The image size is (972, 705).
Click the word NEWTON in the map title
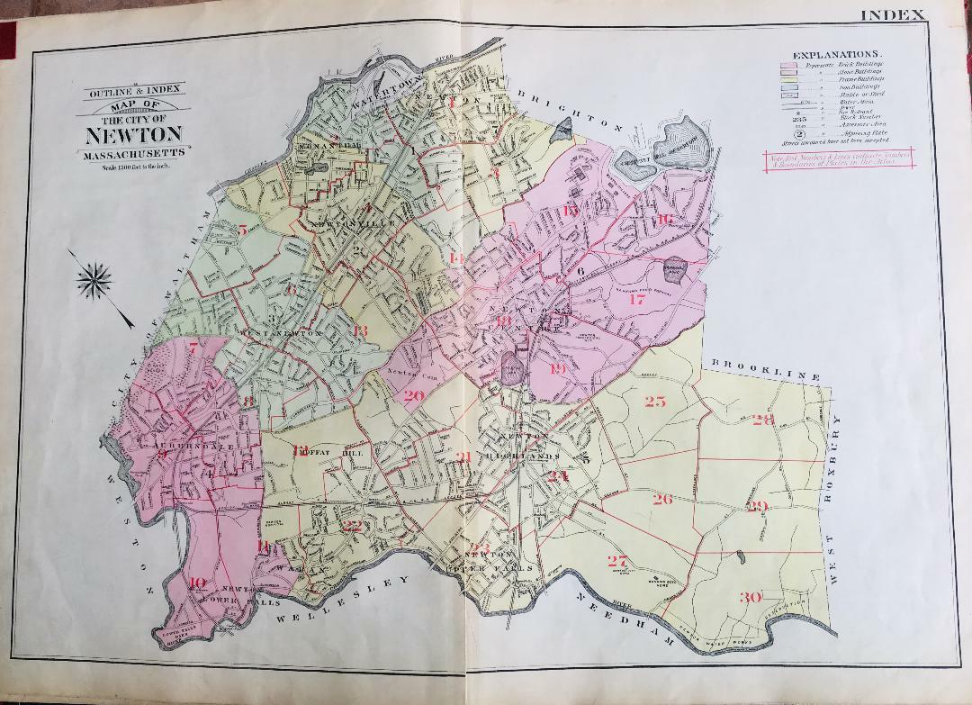point(134,136)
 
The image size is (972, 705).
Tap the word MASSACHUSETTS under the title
point(134,155)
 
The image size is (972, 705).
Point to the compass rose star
point(93,279)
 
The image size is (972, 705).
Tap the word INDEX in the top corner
point(893,14)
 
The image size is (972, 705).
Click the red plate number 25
point(654,402)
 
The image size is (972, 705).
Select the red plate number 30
point(750,597)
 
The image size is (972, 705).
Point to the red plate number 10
point(198,582)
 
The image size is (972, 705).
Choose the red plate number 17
point(637,300)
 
